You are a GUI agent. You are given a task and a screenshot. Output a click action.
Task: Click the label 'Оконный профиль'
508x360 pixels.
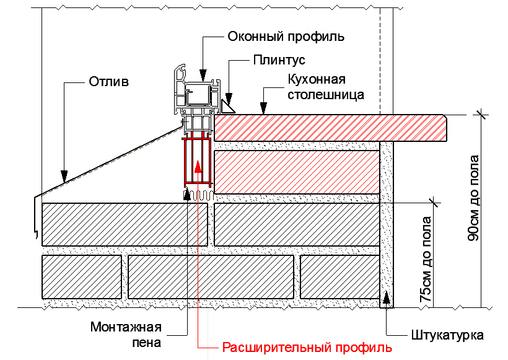pos(286,36)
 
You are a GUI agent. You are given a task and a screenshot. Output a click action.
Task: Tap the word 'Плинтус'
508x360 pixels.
pos(279,60)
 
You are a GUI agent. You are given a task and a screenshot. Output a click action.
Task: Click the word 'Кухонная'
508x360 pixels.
pos(316,80)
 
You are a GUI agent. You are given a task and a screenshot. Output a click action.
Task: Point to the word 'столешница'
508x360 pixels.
pos(326,95)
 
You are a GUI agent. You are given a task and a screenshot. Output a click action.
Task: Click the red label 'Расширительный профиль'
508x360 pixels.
pos(307,347)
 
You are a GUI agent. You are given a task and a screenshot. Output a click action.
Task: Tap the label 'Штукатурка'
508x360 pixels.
pos(447,335)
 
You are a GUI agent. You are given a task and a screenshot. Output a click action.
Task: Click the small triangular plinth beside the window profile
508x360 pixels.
pos(227,107)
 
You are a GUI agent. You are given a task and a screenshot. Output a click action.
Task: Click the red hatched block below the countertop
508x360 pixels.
pos(296,170)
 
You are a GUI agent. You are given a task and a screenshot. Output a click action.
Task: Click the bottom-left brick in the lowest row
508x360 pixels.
pos(81,276)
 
